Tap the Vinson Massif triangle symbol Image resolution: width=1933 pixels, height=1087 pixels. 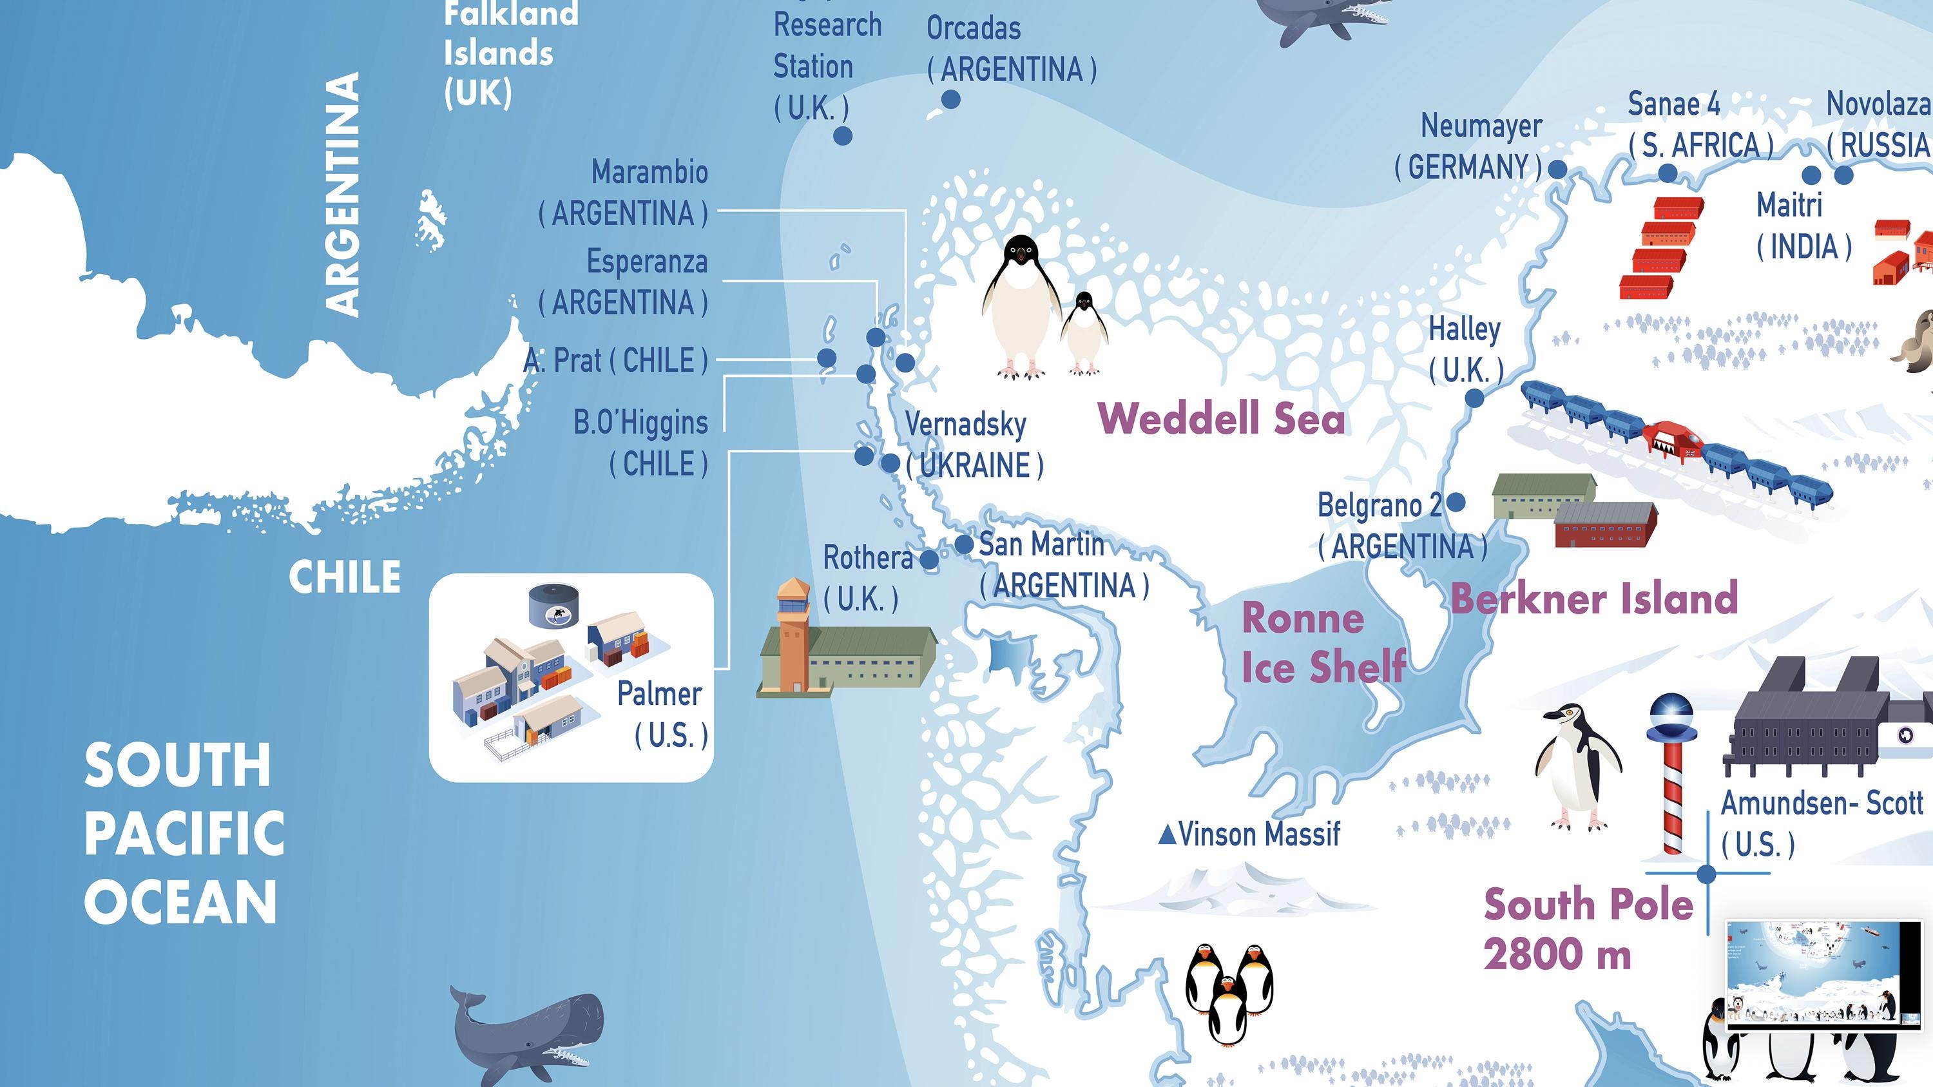coord(1167,834)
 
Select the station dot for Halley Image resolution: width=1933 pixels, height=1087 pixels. coord(1474,398)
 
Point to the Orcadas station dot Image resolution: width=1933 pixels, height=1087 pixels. coord(951,99)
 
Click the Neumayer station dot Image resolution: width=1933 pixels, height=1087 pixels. coord(1558,169)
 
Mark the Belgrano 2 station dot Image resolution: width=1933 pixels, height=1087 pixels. coord(1456,502)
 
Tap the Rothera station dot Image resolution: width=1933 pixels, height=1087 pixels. coord(929,559)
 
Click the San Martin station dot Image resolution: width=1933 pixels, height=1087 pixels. coord(965,544)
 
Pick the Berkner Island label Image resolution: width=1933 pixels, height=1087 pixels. coord(1594,599)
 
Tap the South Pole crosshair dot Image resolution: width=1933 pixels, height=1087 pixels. coord(1706,873)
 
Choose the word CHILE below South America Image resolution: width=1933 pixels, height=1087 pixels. coord(345,577)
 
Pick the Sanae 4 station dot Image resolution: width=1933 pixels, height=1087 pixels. coord(1668,173)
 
